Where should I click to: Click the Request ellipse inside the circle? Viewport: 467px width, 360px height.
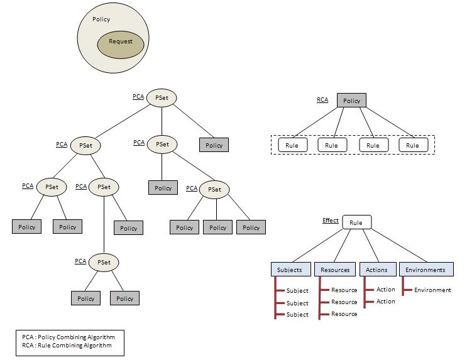120,42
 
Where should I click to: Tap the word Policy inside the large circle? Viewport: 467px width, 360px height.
101,19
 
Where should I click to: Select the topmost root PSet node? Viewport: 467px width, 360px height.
162,98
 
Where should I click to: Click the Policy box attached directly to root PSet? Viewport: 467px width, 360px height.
214,145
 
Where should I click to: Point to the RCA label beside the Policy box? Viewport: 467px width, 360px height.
322,99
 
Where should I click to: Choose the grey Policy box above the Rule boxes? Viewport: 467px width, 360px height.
351,101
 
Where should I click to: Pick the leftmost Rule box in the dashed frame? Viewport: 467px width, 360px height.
292,145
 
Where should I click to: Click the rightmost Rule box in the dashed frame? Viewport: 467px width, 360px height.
412,145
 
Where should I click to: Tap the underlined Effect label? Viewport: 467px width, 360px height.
330,221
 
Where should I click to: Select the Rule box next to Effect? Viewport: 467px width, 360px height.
356,222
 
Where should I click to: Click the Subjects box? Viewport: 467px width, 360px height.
290,270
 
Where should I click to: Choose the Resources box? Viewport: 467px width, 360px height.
335,270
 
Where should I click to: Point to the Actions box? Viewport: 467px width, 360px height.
377,270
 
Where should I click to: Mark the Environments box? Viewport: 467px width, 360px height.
426,270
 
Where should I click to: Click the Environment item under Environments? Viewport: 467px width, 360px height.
432,290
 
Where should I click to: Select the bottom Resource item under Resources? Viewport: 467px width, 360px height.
344,314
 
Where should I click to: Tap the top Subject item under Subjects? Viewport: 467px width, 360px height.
297,291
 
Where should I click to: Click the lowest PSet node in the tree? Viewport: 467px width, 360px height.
104,262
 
